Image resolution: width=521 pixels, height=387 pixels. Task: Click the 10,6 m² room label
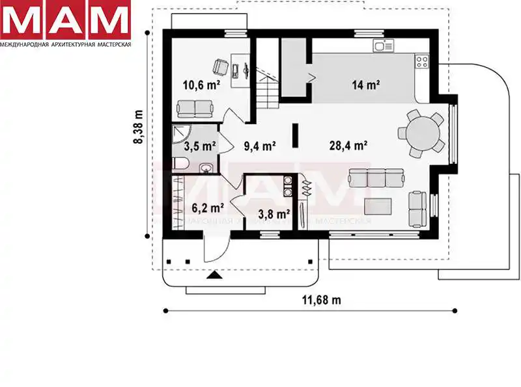(x=201, y=85)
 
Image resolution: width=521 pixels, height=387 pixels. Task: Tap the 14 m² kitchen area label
(x=366, y=85)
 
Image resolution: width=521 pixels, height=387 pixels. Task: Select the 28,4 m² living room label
(x=348, y=146)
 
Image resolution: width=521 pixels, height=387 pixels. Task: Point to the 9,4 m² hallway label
(x=259, y=146)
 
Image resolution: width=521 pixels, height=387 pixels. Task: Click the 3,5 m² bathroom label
(x=200, y=146)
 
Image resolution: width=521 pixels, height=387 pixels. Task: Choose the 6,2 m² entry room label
(x=208, y=208)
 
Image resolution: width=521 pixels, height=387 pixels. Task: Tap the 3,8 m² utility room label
(x=274, y=214)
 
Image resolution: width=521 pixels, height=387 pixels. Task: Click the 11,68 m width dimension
(x=321, y=300)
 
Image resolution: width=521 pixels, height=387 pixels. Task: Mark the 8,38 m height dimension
(x=138, y=127)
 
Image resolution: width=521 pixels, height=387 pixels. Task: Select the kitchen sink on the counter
(x=383, y=46)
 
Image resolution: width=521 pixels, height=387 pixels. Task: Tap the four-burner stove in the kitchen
(x=422, y=61)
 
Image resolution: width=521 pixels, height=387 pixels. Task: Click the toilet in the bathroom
(x=181, y=164)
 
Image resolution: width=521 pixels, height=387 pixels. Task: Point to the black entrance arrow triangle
(x=215, y=275)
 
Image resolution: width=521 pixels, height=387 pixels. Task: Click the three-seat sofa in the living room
(x=376, y=178)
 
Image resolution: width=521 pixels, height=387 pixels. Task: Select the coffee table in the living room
(x=378, y=206)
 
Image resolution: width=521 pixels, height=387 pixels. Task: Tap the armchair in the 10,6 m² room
(x=220, y=67)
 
